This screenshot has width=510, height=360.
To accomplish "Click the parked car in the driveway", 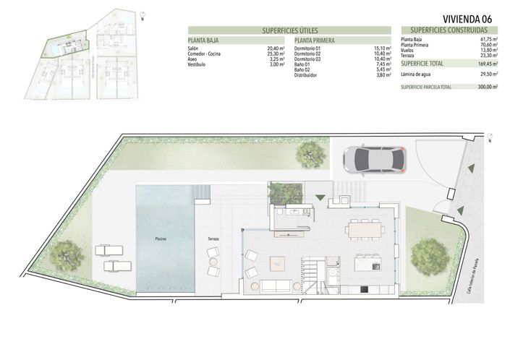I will [375, 158].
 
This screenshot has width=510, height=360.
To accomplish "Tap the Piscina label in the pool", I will [161, 238].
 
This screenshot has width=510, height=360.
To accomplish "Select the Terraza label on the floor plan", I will [213, 238].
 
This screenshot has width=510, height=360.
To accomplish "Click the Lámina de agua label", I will [417, 74].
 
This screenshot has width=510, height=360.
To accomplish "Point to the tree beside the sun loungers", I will [68, 254].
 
